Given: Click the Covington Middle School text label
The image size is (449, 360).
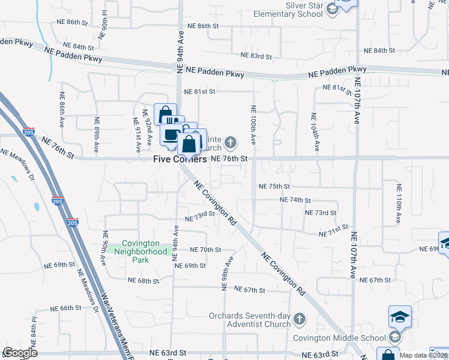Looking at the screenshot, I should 339,338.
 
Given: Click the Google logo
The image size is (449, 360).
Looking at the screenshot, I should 20,353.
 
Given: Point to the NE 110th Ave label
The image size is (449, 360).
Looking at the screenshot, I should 398,204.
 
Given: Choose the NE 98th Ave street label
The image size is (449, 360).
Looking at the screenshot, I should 227,272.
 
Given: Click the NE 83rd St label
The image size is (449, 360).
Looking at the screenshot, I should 256,56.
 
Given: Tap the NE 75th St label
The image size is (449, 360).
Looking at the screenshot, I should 274,187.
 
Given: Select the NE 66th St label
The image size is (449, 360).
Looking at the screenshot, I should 66,308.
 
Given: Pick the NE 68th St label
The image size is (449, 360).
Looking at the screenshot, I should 143,281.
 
